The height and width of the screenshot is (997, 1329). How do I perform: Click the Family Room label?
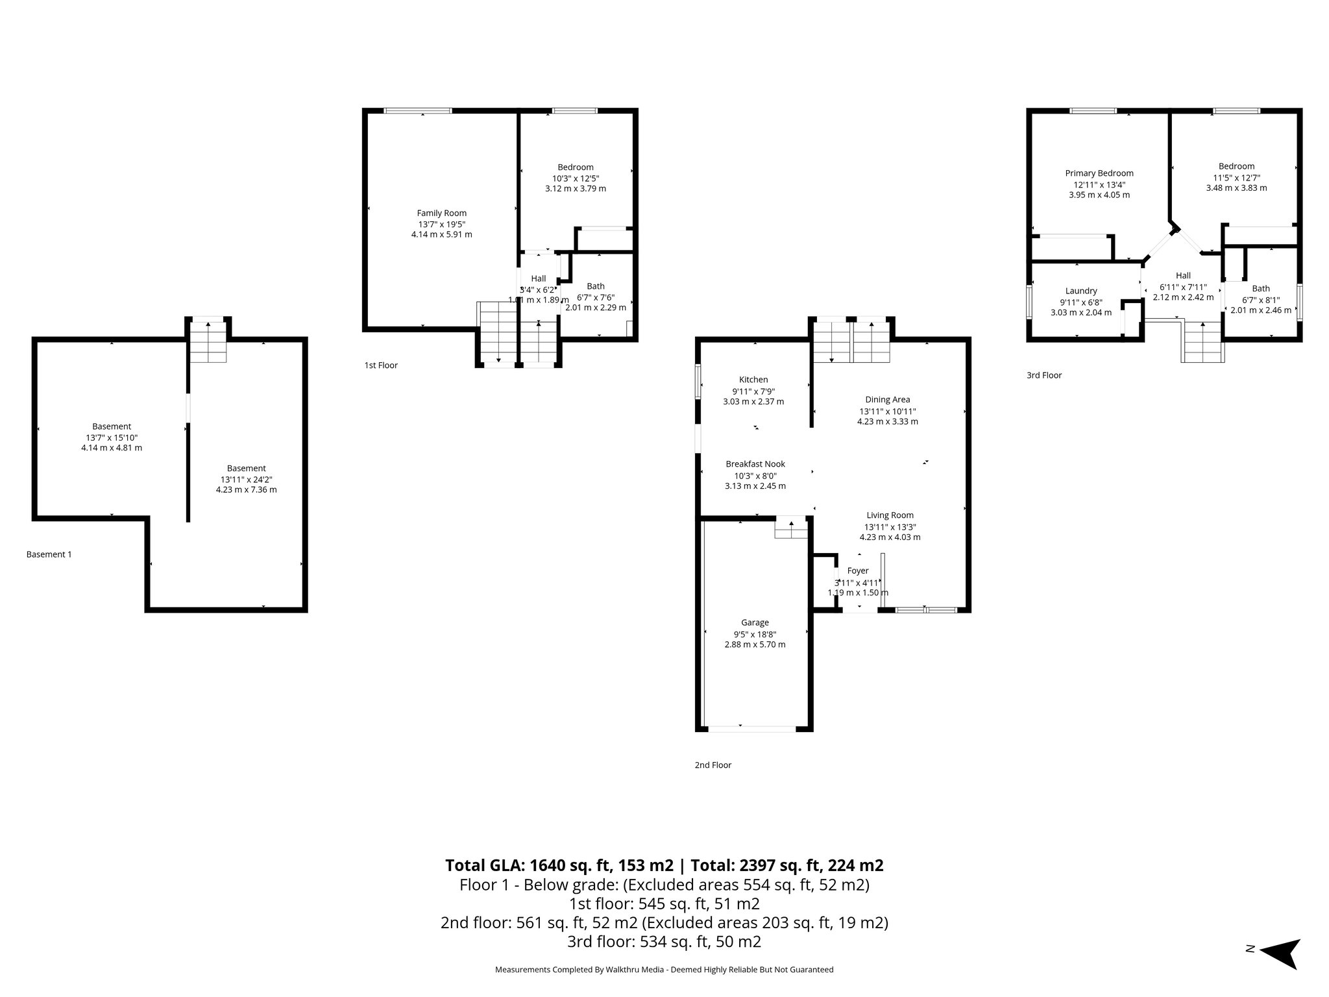[x=441, y=213]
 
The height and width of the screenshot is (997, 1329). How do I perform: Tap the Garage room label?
[x=755, y=622]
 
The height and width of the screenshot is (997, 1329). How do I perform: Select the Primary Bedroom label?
[x=1099, y=173]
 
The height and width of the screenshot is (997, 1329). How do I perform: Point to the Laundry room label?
[x=1081, y=291]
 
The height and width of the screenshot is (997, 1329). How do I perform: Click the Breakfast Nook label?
[x=755, y=464]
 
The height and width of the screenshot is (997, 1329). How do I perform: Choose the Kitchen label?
[x=753, y=380]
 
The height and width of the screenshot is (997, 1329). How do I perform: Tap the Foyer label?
[x=858, y=571]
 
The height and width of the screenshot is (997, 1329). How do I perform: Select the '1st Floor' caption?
[x=381, y=365]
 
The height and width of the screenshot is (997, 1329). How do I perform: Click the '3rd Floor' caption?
[x=1044, y=375]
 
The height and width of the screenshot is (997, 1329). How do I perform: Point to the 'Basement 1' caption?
[x=49, y=554]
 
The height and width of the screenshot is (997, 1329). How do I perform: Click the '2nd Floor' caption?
[x=713, y=765]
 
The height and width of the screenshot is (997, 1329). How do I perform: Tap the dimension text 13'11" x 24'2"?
[x=247, y=479]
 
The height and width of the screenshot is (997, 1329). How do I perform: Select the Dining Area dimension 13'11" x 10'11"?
[x=887, y=411]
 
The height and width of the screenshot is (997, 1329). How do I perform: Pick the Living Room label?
[x=890, y=515]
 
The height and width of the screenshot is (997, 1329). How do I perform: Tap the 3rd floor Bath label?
[x=1261, y=289]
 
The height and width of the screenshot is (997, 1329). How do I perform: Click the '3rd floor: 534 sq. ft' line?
[x=664, y=941]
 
